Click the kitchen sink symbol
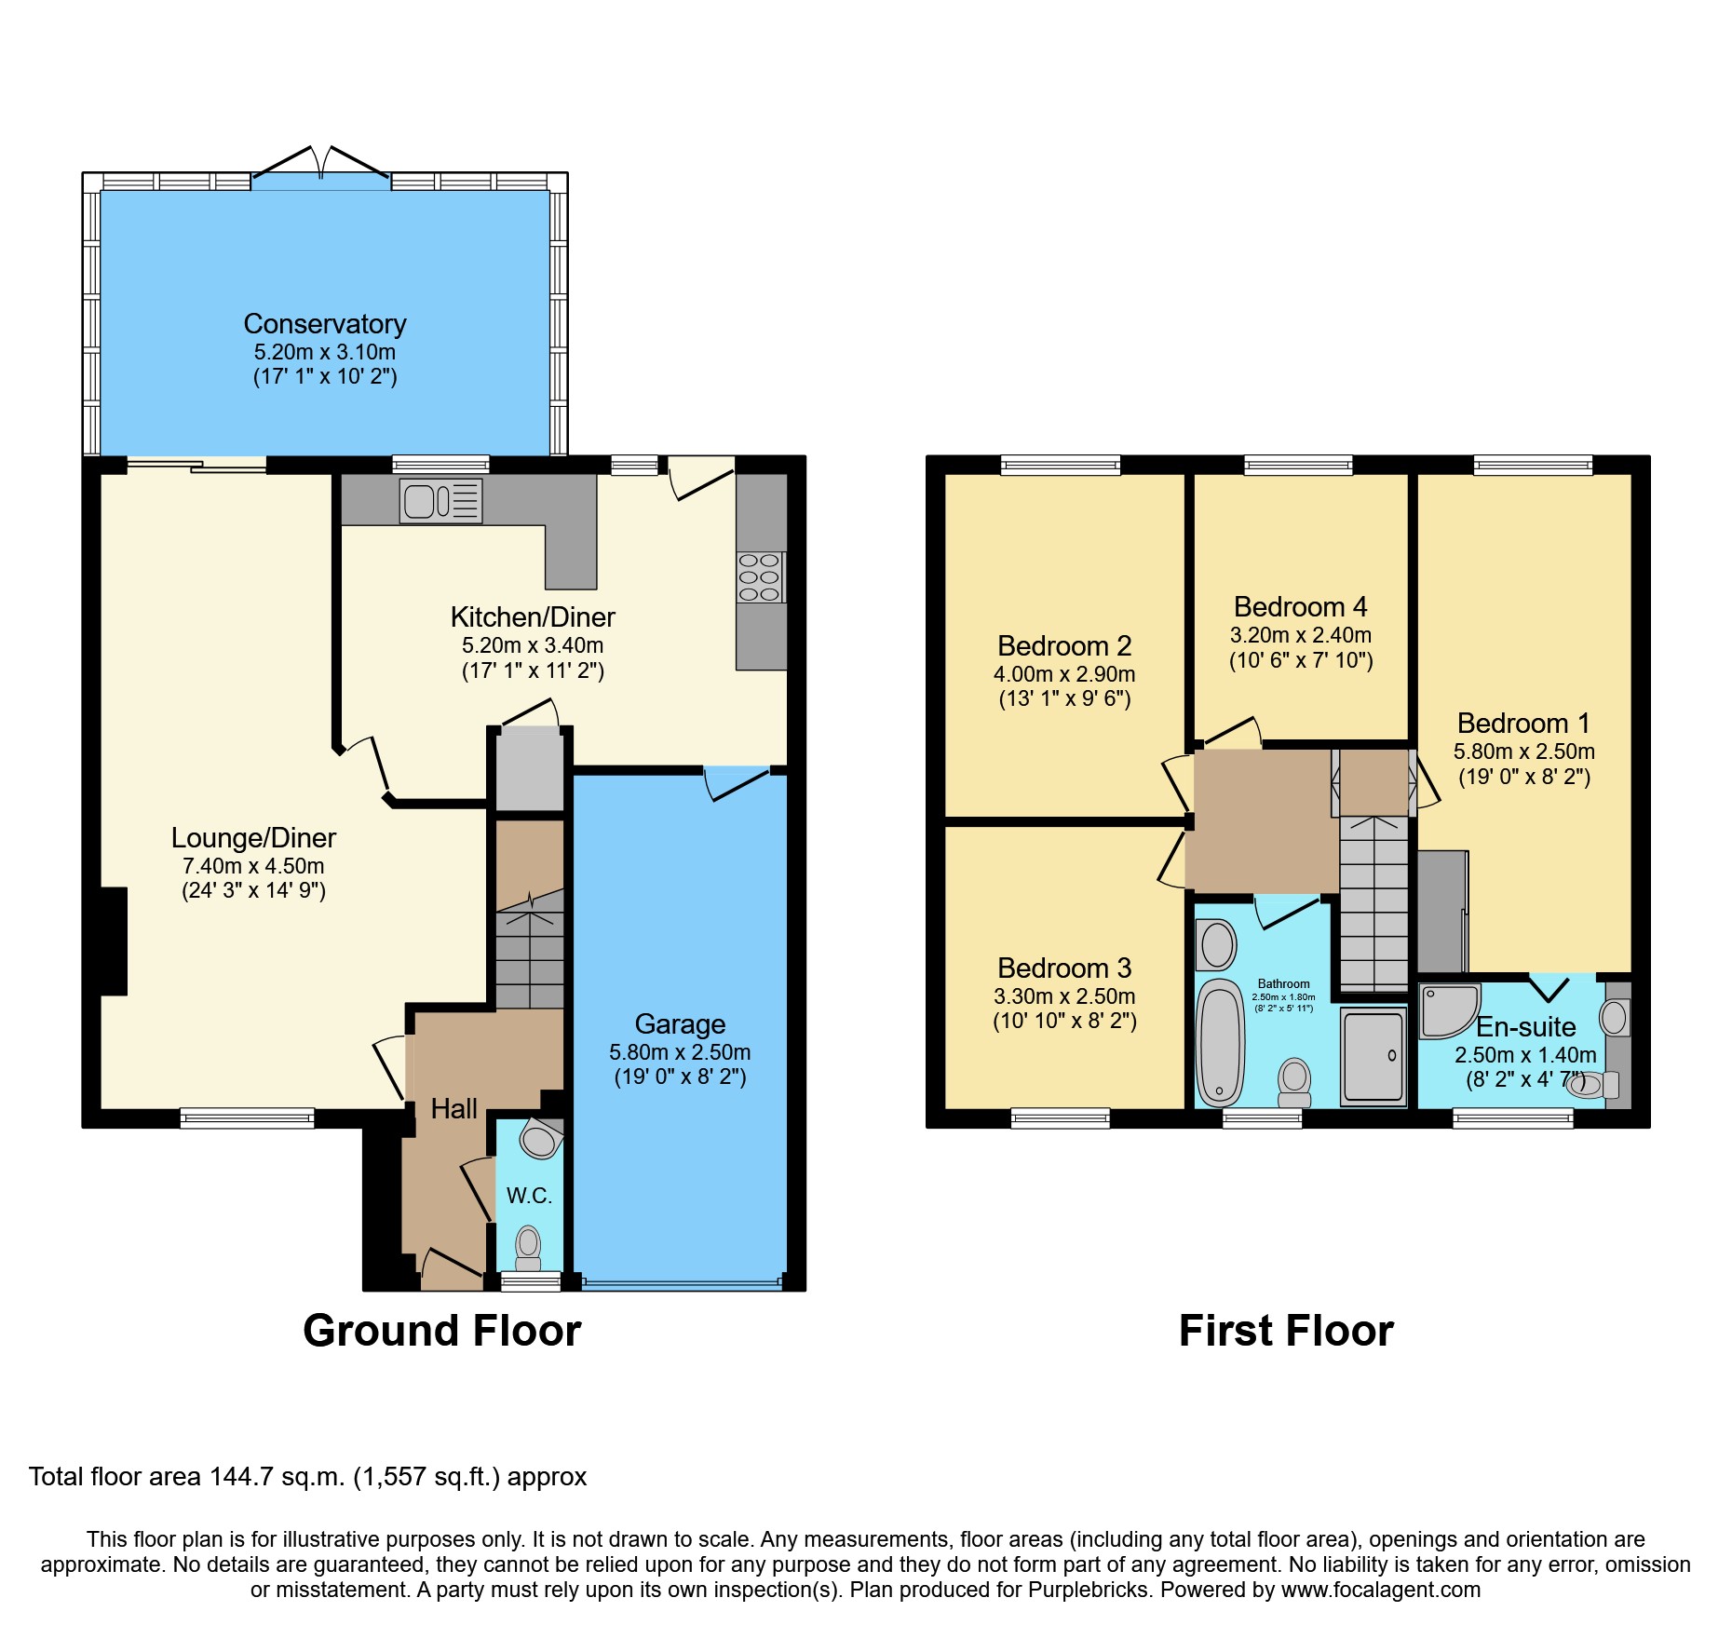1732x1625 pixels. (440, 501)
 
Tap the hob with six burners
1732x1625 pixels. (759, 577)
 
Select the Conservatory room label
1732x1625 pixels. (325, 324)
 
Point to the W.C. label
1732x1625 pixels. (529, 1196)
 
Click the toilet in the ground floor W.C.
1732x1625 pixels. (528, 1247)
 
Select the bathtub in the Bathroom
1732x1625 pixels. (1220, 1041)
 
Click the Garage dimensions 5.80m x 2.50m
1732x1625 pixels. (680, 1052)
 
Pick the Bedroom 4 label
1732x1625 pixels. (1300, 607)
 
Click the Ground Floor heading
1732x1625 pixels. (441, 1331)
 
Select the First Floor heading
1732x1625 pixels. (1286, 1331)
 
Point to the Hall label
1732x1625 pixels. (453, 1108)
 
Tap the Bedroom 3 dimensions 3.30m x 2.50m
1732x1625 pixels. (1064, 996)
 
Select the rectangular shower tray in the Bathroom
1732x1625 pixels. (1373, 1057)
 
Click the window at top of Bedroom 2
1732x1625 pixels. (1061, 465)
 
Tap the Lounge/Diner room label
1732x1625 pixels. (253, 838)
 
